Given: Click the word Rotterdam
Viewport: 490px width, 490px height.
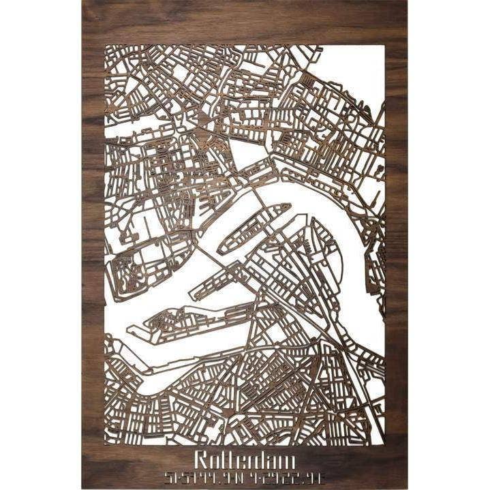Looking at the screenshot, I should point(244,442).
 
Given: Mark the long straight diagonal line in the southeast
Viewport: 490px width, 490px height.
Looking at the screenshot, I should point(320,320).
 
